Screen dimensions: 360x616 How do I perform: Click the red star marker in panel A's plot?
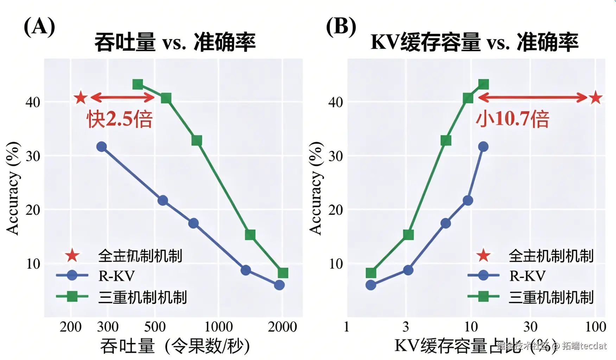click(x=81, y=97)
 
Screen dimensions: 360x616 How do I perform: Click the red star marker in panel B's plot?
click(x=596, y=97)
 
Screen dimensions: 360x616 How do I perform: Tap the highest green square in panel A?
click(x=138, y=84)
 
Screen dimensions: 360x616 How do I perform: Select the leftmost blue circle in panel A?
click(x=101, y=147)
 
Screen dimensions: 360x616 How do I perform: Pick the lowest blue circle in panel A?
click(x=279, y=285)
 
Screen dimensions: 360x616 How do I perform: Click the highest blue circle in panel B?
click(x=483, y=147)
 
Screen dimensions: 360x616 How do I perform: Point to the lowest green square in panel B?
click(x=371, y=273)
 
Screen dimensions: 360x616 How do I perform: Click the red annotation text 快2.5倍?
click(x=120, y=119)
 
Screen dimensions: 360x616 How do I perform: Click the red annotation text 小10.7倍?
click(x=512, y=119)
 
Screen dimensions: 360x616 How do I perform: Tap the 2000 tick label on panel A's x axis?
click(x=282, y=327)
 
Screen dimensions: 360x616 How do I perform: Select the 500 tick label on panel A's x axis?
click(x=155, y=327)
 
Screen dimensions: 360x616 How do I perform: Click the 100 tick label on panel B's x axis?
click(x=595, y=327)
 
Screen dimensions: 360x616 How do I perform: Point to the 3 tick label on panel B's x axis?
click(x=406, y=327)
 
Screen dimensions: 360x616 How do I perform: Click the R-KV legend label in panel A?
click(x=116, y=276)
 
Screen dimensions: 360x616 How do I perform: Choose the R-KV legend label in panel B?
click(x=527, y=276)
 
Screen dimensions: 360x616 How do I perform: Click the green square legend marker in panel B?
click(x=483, y=297)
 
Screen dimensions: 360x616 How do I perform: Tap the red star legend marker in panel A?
click(x=72, y=256)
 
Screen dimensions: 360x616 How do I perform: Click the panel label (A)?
click(x=39, y=27)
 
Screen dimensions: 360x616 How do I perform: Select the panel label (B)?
click(x=341, y=27)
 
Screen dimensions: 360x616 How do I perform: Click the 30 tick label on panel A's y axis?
click(x=33, y=156)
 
